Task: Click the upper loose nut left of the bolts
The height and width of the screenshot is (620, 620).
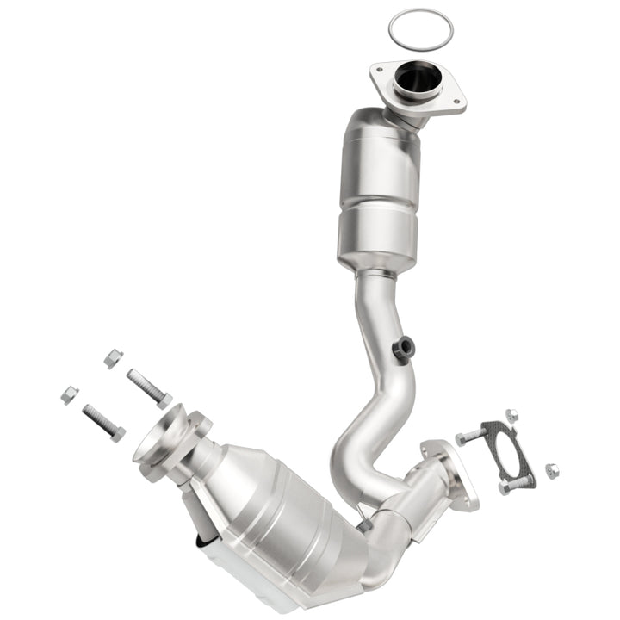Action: [x=113, y=357]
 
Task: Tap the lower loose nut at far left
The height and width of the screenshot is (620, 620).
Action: [x=70, y=395]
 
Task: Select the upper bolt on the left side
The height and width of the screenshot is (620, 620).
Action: [x=149, y=387]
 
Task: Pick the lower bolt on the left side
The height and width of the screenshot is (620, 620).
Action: [x=103, y=422]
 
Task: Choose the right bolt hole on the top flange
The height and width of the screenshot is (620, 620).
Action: [x=456, y=106]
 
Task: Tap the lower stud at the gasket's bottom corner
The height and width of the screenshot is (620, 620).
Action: [x=511, y=487]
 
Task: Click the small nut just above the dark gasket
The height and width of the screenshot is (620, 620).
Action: [x=512, y=415]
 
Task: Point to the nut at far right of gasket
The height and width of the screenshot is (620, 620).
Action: [x=551, y=470]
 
